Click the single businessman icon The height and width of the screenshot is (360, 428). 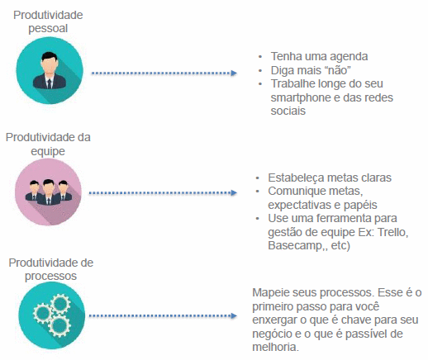pyautogui.click(x=50, y=71)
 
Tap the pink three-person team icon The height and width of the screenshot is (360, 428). pyautogui.click(x=49, y=192)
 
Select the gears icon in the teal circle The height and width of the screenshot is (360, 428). pyautogui.click(x=52, y=315)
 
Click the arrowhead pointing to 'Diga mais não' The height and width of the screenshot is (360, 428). pyautogui.click(x=234, y=73)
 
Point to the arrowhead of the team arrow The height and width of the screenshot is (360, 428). pyautogui.click(x=234, y=192)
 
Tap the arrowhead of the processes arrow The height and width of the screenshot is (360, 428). pyautogui.click(x=234, y=315)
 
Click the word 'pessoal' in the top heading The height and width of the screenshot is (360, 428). pyautogui.click(x=48, y=29)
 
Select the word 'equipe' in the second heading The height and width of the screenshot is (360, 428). pyautogui.click(x=48, y=151)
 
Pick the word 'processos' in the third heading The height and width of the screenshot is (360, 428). pyautogui.click(x=50, y=276)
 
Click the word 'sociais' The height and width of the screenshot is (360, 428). pyautogui.click(x=288, y=111)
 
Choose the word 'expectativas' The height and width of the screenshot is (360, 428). pyautogui.click(x=300, y=205)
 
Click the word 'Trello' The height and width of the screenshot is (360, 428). pyautogui.click(x=392, y=232)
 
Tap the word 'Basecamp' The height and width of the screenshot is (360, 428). pyautogui.click(x=296, y=245)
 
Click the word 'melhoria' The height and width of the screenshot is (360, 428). pyautogui.click(x=276, y=347)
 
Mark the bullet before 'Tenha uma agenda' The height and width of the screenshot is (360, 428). pyautogui.click(x=260, y=57)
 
